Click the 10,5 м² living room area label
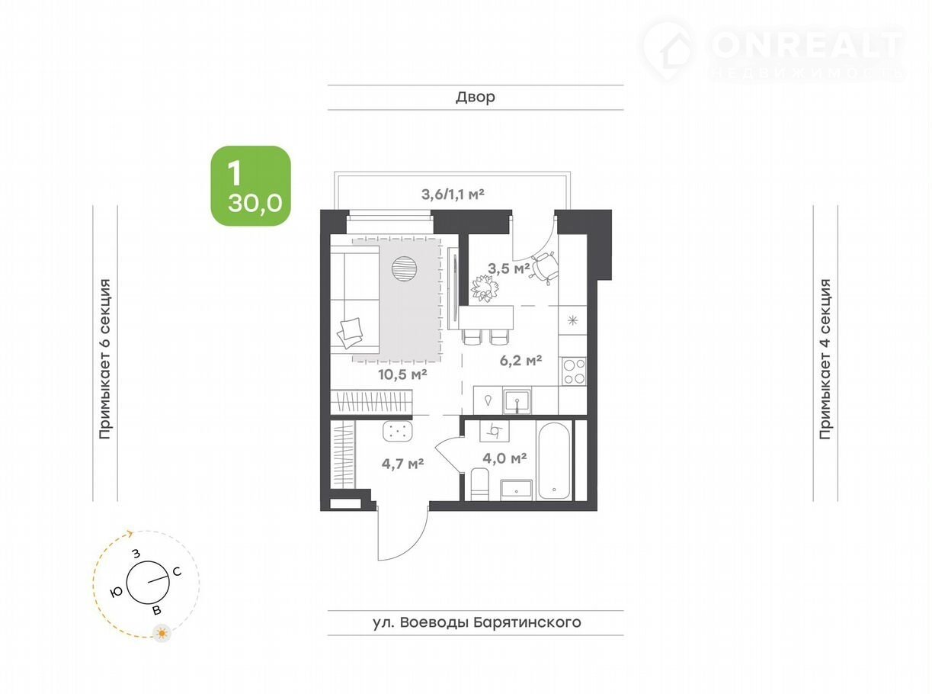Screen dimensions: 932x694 click(x=402, y=374)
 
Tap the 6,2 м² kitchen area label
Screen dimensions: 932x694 click(x=520, y=360)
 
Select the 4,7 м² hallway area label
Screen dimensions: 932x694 click(x=402, y=464)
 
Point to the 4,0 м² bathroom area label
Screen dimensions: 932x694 click(x=504, y=458)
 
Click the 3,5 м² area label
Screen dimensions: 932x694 click(x=508, y=268)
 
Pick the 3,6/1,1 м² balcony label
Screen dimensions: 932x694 click(x=453, y=194)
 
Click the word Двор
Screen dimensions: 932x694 click(x=476, y=97)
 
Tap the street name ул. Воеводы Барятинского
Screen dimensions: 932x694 click(x=476, y=622)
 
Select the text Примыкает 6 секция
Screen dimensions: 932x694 click(x=105, y=358)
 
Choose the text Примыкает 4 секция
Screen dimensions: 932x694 click(x=825, y=358)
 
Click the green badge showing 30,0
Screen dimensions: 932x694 click(x=251, y=185)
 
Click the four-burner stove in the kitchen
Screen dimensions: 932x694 click(x=574, y=371)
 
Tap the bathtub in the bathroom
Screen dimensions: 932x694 click(x=554, y=461)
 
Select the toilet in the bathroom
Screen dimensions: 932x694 click(x=479, y=484)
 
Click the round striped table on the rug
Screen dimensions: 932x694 click(x=404, y=268)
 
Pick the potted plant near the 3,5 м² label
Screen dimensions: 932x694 click(x=485, y=288)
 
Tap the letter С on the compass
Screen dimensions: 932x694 click(x=177, y=572)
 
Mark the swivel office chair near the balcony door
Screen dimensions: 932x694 click(x=544, y=267)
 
